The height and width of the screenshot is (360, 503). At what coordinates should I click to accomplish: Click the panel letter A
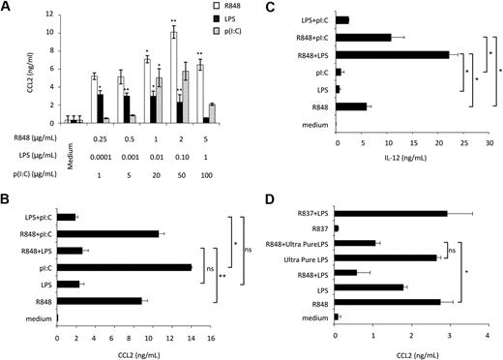(7, 7)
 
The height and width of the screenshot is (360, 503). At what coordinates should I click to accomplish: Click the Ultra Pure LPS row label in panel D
(298, 258)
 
